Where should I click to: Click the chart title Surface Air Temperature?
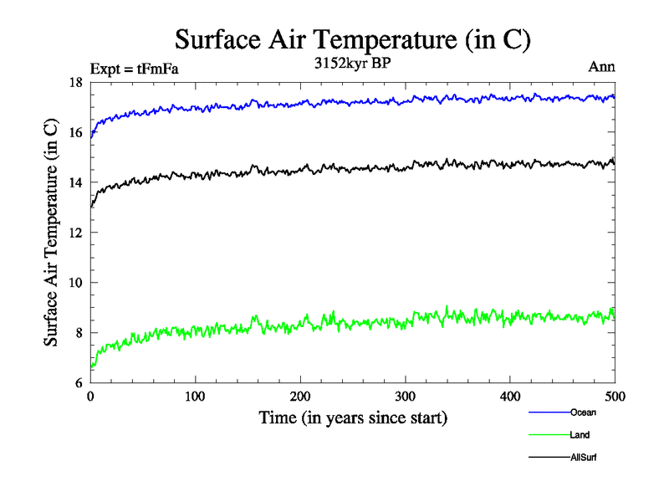pyautogui.click(x=353, y=39)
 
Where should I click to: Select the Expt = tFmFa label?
pyautogui.click(x=134, y=69)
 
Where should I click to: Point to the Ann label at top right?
pyautogui.click(x=602, y=68)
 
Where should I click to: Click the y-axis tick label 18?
pyautogui.click(x=75, y=82)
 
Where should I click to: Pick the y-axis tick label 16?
pyautogui.click(x=75, y=132)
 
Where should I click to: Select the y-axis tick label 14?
pyautogui.click(x=75, y=182)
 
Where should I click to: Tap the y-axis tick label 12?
pyautogui.click(x=75, y=233)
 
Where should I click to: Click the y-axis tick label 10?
pyautogui.click(x=75, y=283)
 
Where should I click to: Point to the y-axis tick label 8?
pyautogui.click(x=79, y=333)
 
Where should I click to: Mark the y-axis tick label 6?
pyautogui.click(x=79, y=383)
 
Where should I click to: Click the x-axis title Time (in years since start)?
pyautogui.click(x=353, y=417)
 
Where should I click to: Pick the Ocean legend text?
pyautogui.click(x=583, y=412)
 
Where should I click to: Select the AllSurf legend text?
pyautogui.click(x=584, y=458)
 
